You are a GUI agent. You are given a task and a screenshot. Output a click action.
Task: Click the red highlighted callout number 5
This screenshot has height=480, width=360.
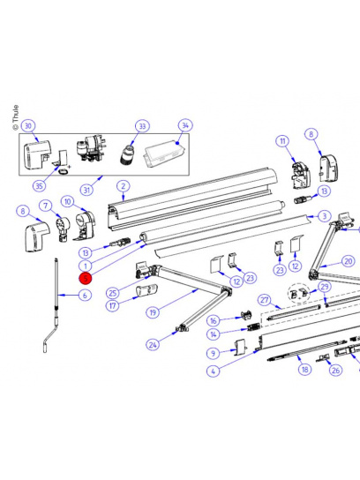coord(86,278)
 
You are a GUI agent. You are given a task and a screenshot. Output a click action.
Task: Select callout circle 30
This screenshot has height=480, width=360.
coord(28,126)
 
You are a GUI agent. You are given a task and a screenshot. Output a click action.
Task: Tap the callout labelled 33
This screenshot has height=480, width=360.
coord(142,126)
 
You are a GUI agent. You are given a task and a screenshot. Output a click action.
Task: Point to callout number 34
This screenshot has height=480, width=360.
coord(185,125)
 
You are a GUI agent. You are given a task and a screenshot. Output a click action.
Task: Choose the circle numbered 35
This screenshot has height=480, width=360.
coord(39,185)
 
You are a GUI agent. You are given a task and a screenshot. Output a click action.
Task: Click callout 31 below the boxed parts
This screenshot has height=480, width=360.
coord(86,190)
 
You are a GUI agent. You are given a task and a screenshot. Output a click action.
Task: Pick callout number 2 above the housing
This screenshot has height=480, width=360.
coord(123,186)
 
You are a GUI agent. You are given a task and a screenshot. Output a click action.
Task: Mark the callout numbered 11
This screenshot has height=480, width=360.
coord(282,141)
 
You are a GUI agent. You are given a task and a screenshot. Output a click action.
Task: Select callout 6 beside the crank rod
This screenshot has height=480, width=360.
coord(85,295)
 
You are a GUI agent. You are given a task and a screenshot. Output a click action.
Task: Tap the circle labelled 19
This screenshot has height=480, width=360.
coord(153,312)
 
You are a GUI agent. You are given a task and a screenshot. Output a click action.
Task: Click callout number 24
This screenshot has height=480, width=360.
coord(153,345)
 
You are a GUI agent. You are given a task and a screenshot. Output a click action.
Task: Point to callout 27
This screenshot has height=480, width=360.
coord(265,300)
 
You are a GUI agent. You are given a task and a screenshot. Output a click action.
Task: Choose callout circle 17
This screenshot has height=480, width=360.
coord(113,305)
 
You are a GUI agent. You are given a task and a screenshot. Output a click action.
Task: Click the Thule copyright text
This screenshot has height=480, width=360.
coord(16,117)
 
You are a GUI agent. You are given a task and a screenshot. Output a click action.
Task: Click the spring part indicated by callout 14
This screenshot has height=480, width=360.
coord(253,327)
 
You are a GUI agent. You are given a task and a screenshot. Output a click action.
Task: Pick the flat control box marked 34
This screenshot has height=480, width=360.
coord(164,154)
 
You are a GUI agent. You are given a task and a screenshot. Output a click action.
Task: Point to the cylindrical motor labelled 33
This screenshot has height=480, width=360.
coord(127,154)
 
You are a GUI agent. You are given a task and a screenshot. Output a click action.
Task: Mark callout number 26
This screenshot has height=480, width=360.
coord(335,370)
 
